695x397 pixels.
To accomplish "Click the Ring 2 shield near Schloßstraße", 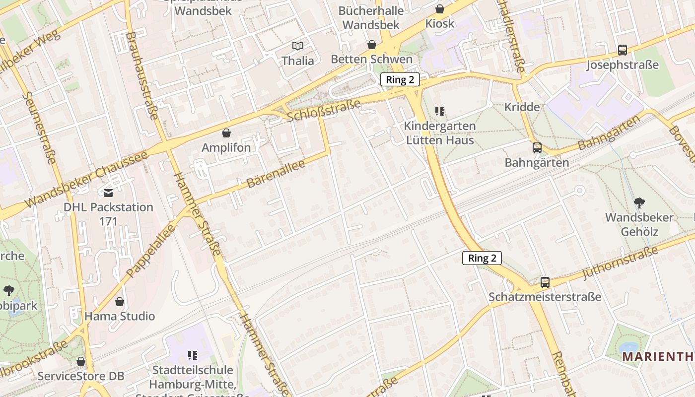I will pos(400,79).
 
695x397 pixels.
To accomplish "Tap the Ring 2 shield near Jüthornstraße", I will pos(482,258).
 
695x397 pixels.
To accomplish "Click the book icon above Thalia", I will pos(297,46).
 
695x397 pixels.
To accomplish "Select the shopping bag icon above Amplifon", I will pos(226,133).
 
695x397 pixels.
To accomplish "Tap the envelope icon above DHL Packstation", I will pos(108,193).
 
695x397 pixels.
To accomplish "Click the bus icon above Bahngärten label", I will pos(537,147).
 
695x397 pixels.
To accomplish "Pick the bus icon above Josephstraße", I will pos(623,50).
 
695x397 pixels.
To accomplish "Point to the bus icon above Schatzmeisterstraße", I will pos(545,282).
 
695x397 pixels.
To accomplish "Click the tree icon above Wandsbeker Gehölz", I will pos(639,202).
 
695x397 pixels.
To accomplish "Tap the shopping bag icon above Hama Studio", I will pos(120,302).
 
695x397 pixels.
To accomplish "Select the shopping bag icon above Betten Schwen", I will pos(372,45).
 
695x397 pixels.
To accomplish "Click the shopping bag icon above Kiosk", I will pos(440,9).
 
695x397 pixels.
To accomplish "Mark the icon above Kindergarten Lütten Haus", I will pos(440,111).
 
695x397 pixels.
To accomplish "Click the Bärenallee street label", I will pos(276,173).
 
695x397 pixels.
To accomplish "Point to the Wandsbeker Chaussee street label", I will pos(86,179).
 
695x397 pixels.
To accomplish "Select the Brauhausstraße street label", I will pos(142,75).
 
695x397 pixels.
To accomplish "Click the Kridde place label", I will pos(522,107).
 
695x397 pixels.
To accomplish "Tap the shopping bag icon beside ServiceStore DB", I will pos(81,361).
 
